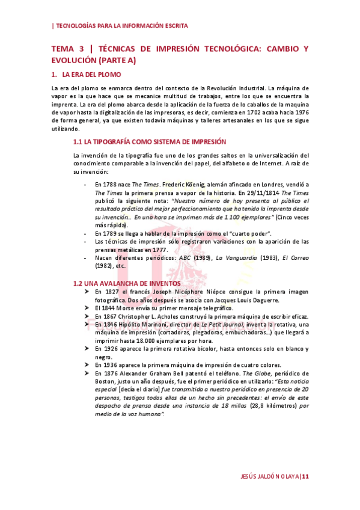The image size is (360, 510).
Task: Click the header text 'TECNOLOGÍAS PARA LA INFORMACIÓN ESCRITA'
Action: coord(121,26)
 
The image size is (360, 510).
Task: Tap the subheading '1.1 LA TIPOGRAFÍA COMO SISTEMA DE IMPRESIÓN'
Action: coord(149,143)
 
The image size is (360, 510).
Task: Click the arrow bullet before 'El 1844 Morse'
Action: coord(88,308)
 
